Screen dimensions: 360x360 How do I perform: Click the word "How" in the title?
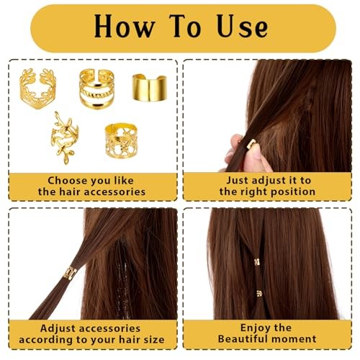pyautogui.click(x=125, y=26)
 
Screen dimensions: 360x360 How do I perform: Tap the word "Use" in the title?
pyautogui.click(x=242, y=26)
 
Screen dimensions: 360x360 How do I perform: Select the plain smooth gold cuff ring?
pyautogui.click(x=149, y=88)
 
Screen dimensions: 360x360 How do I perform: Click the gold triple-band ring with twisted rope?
pyautogui.click(x=96, y=89)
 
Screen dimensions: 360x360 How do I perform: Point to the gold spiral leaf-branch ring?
pyautogui.click(x=64, y=138)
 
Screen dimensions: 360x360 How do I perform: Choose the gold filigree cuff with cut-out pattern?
pyautogui.click(x=121, y=140)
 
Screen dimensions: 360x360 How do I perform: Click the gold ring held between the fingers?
pyautogui.click(x=251, y=143)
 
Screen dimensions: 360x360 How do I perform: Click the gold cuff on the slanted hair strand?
pyautogui.click(x=70, y=274)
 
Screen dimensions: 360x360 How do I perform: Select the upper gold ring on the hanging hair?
pyautogui.click(x=257, y=261)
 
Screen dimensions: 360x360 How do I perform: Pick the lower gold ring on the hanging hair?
pyautogui.click(x=259, y=293)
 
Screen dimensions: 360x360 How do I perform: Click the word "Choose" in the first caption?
pyautogui.click(x=63, y=181)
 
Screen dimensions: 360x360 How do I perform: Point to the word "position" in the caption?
pyautogui.click(x=290, y=192)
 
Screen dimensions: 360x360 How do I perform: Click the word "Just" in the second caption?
pyautogui.click(x=237, y=180)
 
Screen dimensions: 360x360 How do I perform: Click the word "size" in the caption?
pyautogui.click(x=154, y=340)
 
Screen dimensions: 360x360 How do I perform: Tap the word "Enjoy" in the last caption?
pyautogui.click(x=254, y=328)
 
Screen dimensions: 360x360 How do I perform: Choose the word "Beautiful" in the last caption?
pyautogui.click(x=243, y=339)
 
